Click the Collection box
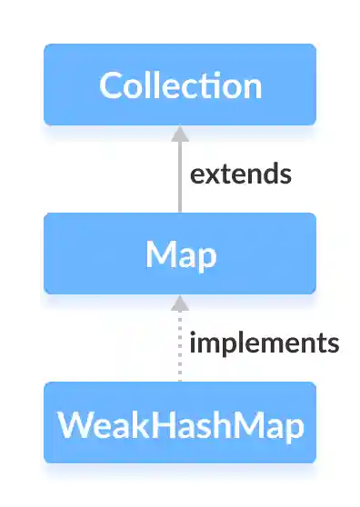180,84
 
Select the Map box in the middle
180,253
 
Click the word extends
241,174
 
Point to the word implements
265,343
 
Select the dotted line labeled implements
180,350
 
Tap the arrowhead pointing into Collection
180,134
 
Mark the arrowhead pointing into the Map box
180,303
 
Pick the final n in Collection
252,86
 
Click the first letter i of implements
193,343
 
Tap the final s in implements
333,344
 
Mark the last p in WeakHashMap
293,426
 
